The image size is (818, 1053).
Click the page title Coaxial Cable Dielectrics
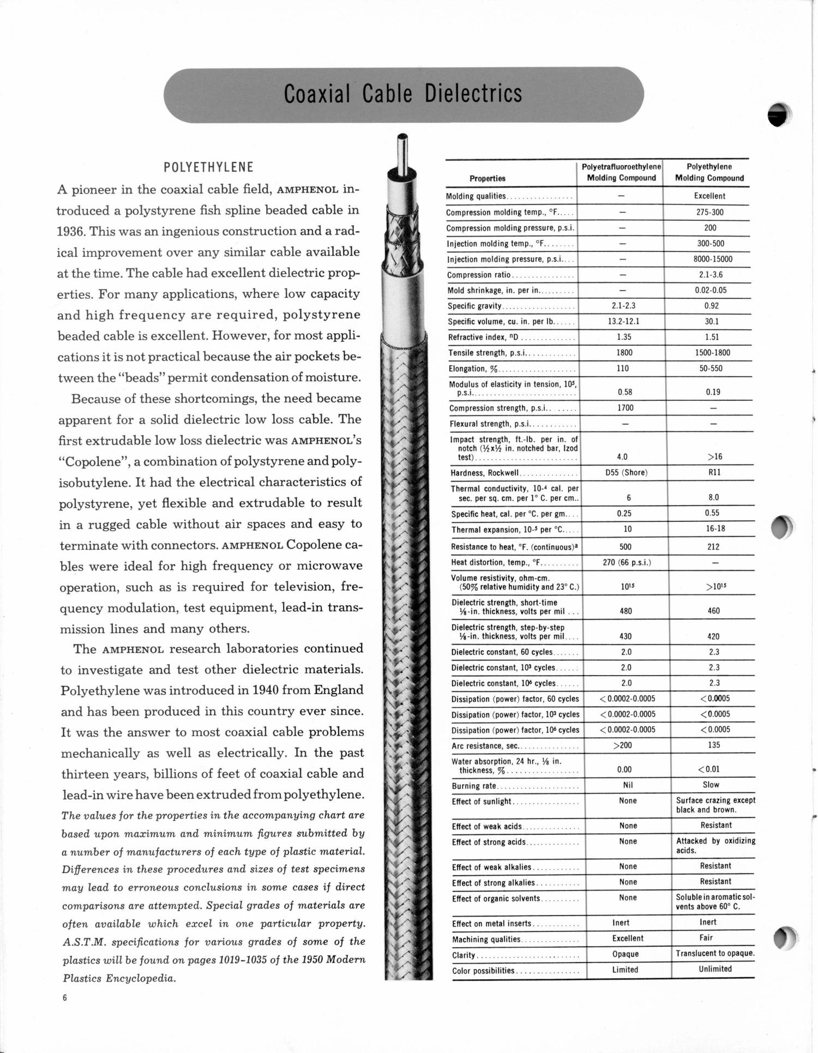(403, 94)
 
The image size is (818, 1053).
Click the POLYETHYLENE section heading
(208, 167)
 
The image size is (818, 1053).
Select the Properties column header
(487, 178)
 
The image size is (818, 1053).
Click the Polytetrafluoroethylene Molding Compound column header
(621, 172)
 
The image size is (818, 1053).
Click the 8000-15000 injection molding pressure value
(713, 259)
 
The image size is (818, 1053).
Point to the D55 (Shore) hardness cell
(626, 472)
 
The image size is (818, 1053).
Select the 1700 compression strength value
(625, 408)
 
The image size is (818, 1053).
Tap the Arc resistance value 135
(714, 745)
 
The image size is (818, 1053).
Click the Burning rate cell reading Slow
(711, 785)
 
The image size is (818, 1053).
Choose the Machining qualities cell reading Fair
(706, 937)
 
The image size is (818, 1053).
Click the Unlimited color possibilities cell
(715, 968)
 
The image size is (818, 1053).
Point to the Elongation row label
(467, 369)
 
